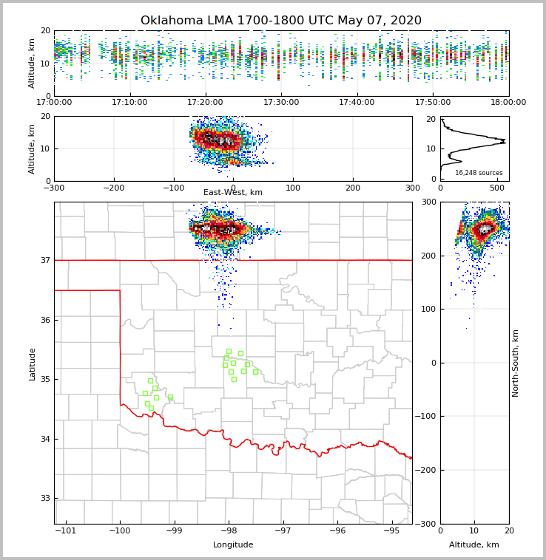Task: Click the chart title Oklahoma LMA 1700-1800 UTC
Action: coord(280,21)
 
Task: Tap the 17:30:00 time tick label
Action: coord(281,103)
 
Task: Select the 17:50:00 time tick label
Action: coord(433,103)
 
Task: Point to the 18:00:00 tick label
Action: coord(508,103)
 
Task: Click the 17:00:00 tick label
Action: coord(54,103)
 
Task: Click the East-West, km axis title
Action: coord(233,193)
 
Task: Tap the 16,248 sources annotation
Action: coord(479,173)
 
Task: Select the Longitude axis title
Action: coord(233,545)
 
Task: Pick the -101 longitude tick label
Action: coord(66,531)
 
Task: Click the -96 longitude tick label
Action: coord(337,531)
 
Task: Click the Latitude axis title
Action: coord(33,363)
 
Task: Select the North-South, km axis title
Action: coord(516,363)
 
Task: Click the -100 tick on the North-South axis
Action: coord(428,417)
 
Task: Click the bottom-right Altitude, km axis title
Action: coord(474,545)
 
